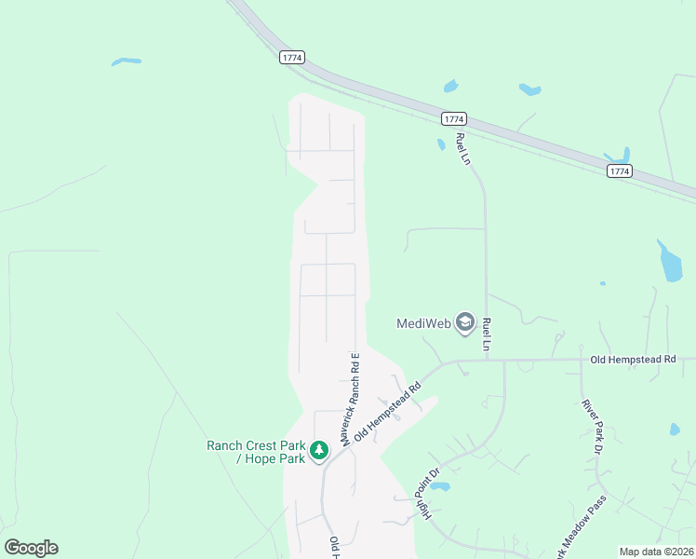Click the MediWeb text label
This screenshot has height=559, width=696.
tap(423, 324)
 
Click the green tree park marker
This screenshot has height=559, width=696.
tap(320, 451)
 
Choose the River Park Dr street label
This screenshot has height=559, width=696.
tap(591, 428)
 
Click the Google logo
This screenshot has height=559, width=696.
tap(31, 548)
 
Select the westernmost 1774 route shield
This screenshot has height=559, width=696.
tap(291, 58)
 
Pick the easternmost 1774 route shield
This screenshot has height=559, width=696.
tap(620, 171)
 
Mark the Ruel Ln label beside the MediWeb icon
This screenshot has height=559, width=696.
tap(487, 333)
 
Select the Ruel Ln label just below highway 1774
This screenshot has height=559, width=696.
tap(462, 148)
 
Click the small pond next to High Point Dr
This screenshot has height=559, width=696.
tap(439, 486)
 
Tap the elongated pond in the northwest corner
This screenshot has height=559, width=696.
tap(126, 61)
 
